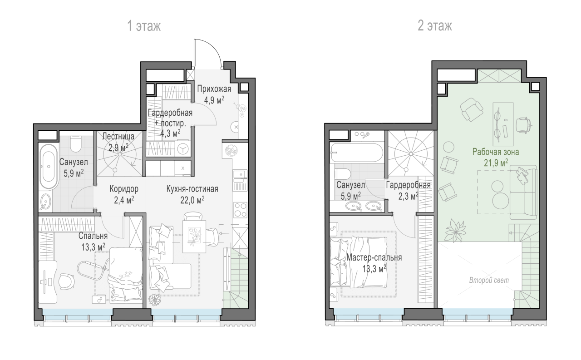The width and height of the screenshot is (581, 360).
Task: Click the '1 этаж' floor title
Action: click(x=144, y=26)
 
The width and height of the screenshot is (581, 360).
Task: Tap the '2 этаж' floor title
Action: click(x=435, y=26)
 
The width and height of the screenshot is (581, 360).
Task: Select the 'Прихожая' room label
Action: click(x=214, y=89)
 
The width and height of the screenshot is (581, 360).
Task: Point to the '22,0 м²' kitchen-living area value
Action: click(x=192, y=200)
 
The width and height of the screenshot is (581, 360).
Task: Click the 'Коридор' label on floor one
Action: click(x=124, y=189)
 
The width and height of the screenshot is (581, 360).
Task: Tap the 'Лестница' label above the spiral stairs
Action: click(x=118, y=136)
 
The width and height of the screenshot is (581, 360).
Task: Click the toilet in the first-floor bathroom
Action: click(x=76, y=144)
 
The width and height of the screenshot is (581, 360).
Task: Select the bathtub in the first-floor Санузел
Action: click(x=49, y=166)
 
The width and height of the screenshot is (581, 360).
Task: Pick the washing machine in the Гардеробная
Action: click(x=183, y=149)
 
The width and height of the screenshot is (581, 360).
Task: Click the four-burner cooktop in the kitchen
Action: click(x=240, y=210)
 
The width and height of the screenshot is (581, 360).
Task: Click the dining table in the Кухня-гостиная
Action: click(x=194, y=237)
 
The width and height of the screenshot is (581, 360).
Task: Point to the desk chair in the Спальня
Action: click(x=67, y=281)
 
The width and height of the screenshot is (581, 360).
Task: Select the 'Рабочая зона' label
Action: click(x=495, y=152)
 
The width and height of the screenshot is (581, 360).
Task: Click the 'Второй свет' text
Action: click(x=489, y=280)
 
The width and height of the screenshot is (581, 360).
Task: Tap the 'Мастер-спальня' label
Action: click(x=374, y=257)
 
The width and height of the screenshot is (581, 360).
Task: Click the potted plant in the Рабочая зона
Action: click(x=455, y=230)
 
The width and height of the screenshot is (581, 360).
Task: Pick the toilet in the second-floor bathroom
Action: click(x=342, y=174)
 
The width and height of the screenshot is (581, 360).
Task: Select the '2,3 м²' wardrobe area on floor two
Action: click(x=408, y=196)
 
